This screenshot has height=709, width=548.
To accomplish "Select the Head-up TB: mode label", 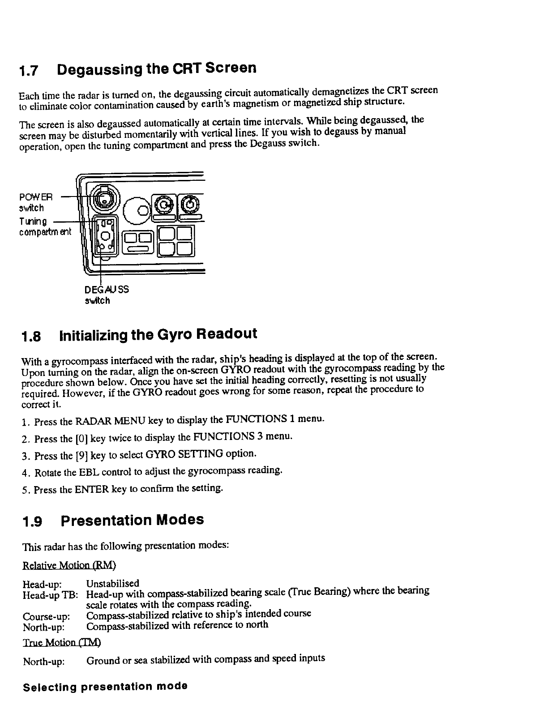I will [51, 595].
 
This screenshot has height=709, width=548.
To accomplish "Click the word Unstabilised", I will [113, 583].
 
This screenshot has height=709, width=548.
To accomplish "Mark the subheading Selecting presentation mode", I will [105, 687].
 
